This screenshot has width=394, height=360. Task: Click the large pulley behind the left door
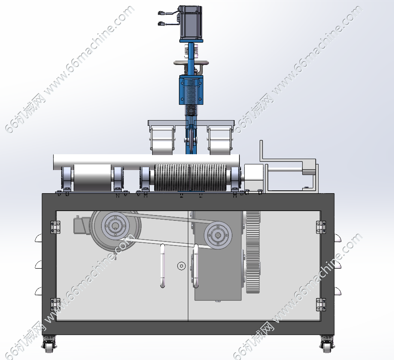(x=115, y=231)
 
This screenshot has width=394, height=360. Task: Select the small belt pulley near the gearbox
(x=218, y=235)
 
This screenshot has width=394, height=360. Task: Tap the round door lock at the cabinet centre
(x=181, y=266)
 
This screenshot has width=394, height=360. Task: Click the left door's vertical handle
(x=163, y=266)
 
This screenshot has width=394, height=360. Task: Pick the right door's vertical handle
(x=196, y=266)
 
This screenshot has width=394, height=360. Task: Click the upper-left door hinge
(x=55, y=227)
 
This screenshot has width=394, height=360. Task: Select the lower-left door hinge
(x=55, y=305)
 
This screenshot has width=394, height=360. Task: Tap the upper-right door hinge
(x=321, y=227)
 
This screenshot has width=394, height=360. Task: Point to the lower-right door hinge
(x=321, y=305)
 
